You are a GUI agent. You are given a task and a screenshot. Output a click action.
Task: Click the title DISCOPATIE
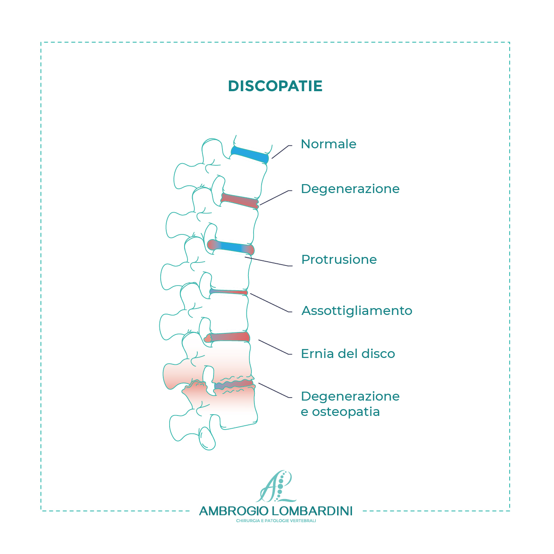[275, 86]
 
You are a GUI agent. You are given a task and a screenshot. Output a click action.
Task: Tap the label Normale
[328, 144]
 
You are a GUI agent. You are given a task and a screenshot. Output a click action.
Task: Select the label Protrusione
[339, 260]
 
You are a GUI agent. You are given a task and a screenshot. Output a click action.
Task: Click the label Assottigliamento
[357, 311]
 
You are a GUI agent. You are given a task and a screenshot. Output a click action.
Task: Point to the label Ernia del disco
[348, 354]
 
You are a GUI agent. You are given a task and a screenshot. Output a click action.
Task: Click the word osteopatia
[346, 412]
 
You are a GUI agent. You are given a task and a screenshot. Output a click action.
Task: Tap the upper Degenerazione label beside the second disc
[350, 189]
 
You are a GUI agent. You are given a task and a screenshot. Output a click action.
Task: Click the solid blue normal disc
[250, 155]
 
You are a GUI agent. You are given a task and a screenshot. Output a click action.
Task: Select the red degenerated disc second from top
[239, 201]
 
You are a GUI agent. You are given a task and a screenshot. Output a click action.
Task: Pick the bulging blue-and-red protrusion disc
[231, 247]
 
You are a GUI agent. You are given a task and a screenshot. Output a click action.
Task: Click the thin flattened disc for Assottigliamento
[228, 292]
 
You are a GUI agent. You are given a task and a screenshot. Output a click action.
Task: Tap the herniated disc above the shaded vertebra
[227, 337]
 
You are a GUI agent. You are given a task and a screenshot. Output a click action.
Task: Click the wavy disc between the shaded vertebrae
[234, 385]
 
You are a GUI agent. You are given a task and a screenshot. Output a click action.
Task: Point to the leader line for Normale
[281, 152]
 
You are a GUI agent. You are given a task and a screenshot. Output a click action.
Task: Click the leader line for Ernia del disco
[275, 347]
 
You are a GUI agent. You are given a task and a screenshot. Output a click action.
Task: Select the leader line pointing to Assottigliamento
[271, 303]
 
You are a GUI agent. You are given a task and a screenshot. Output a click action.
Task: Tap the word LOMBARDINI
[312, 511]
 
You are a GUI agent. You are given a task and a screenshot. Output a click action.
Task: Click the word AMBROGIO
[234, 511]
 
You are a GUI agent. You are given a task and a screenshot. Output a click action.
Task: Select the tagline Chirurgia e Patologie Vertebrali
[276, 521]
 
